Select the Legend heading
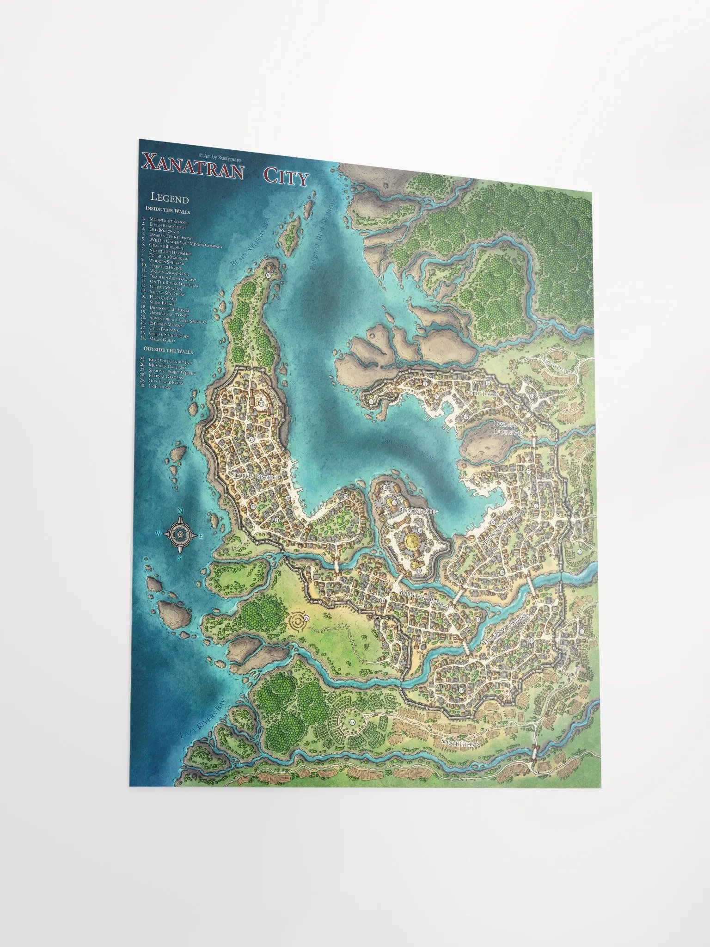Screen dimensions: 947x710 (x=170, y=199)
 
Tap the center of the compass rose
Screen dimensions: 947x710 (x=180, y=534)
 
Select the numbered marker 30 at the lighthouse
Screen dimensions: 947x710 (x=268, y=275)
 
